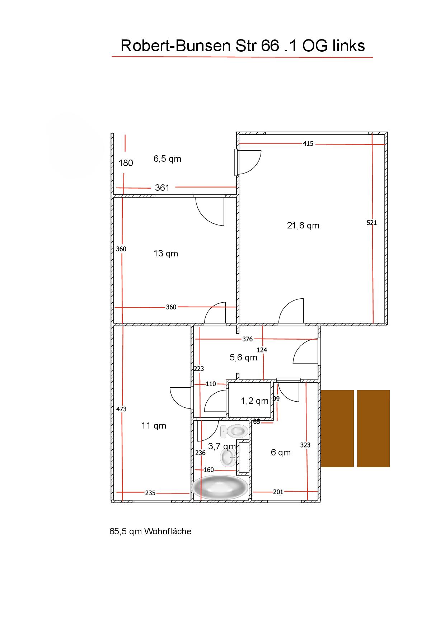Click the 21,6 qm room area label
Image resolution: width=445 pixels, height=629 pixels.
(303, 226)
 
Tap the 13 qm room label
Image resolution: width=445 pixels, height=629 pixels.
(166, 254)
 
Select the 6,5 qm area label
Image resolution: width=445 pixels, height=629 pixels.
(168, 159)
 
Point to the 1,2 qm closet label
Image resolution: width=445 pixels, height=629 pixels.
(255, 401)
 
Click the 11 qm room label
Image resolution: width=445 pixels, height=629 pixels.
(154, 426)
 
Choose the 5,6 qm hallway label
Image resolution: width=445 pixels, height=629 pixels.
(244, 358)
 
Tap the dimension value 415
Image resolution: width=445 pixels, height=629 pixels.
(308, 144)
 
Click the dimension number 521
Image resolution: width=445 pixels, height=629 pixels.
(372, 223)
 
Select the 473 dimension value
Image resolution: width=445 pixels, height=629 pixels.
(121, 409)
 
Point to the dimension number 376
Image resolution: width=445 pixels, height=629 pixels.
(248, 339)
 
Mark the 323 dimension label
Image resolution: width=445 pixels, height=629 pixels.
(305, 445)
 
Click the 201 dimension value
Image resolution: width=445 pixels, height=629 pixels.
(278, 492)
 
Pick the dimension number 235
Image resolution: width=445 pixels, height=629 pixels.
(150, 493)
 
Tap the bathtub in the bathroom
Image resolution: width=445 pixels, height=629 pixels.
(220, 487)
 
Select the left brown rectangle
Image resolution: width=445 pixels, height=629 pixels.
(337, 429)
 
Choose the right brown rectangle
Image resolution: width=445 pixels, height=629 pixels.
(373, 429)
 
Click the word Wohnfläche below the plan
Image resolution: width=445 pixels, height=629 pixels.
(168, 531)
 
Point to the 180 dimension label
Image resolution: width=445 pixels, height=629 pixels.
(126, 163)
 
